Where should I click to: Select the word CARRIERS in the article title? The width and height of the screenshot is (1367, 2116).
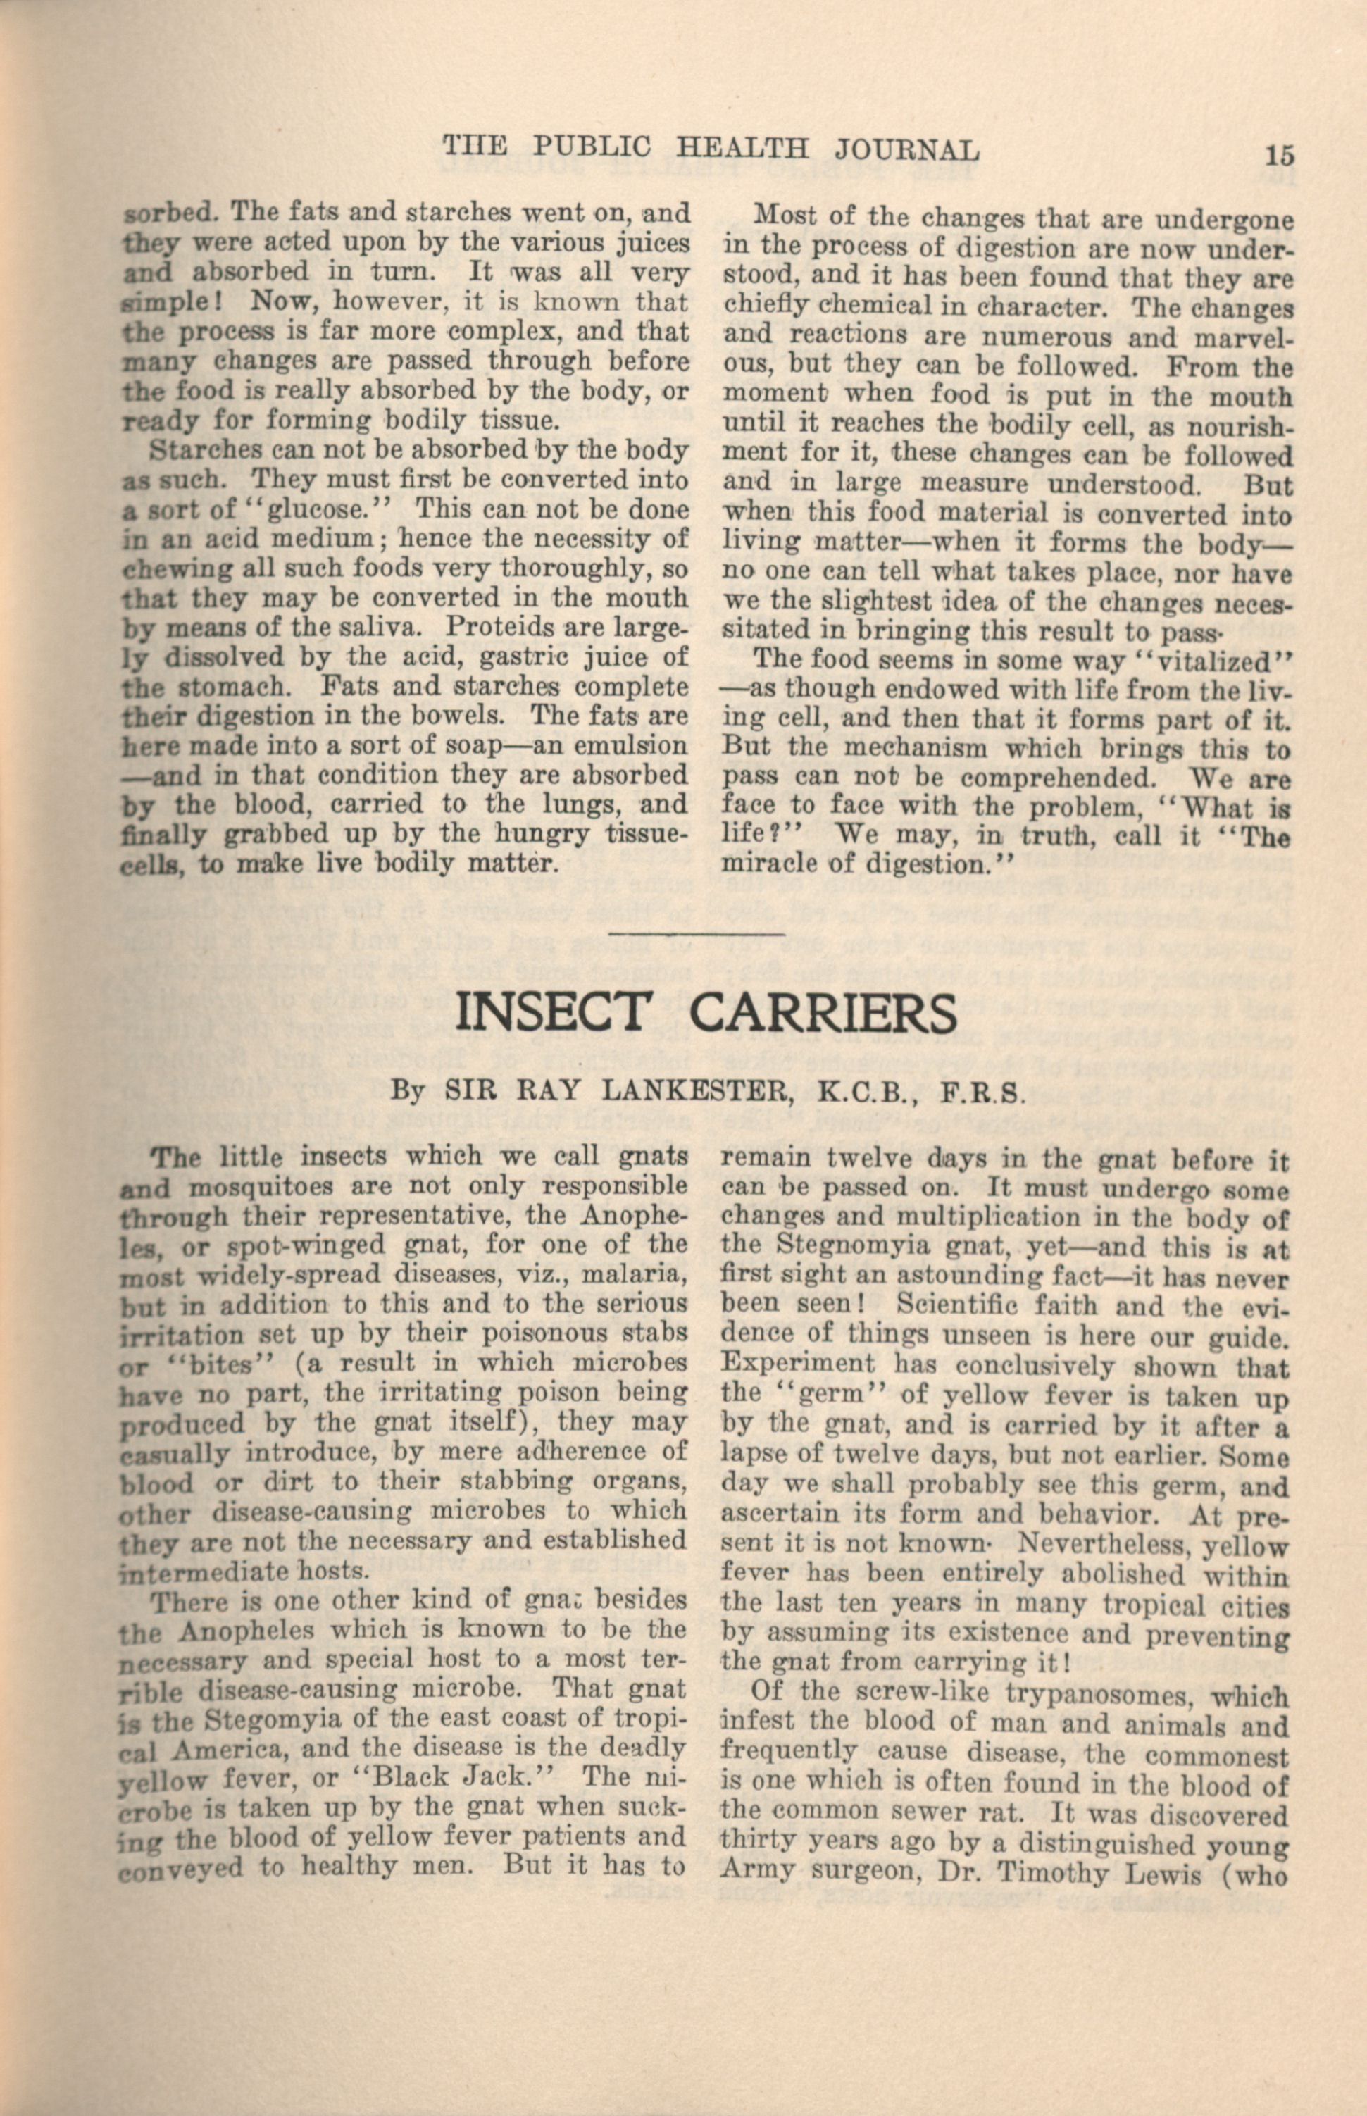coord(824,1013)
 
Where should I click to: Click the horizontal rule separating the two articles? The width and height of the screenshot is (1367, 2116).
coord(699,933)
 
